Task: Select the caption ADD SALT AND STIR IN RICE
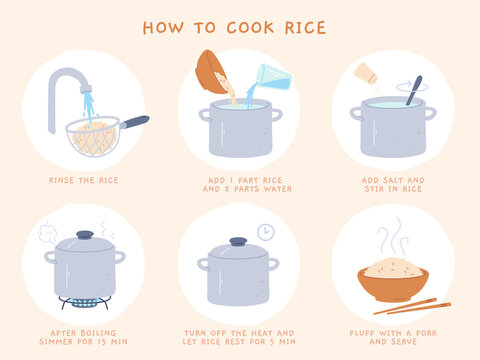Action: tap(393, 186)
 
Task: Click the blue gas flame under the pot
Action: tap(85, 300)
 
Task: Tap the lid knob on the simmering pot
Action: tap(85, 236)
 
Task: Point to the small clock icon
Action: tap(265, 232)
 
